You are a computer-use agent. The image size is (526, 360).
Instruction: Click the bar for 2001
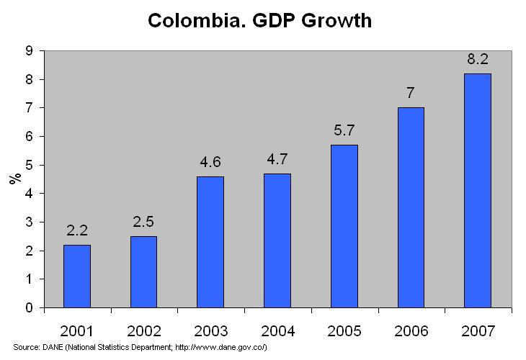(x=77, y=276)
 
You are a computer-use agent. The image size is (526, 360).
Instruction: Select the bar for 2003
(x=210, y=242)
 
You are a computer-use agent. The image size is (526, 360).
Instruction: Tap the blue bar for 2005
(x=344, y=226)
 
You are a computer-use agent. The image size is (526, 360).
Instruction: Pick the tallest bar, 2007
(x=477, y=191)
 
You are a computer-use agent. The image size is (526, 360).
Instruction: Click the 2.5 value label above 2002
(x=144, y=222)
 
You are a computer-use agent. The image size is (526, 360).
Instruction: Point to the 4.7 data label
(x=277, y=159)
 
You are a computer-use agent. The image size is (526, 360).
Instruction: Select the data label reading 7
(x=411, y=94)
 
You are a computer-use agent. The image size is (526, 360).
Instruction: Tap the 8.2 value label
(x=477, y=59)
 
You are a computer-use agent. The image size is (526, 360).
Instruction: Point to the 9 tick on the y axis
(x=29, y=51)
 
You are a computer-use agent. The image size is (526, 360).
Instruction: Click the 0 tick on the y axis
(x=29, y=308)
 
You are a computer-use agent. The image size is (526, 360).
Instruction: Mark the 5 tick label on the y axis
(x=29, y=166)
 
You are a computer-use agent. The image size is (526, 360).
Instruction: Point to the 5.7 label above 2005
(x=344, y=130)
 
